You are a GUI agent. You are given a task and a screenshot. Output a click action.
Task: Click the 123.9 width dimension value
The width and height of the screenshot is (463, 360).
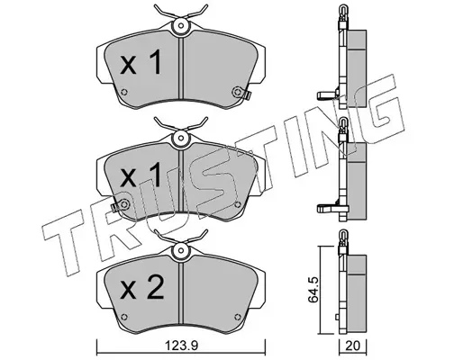pos(181,346)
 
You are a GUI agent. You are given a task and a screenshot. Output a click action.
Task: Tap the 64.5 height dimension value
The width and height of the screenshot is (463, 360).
pos(313,290)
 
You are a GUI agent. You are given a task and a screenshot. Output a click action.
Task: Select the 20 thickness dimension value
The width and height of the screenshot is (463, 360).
pos(353,346)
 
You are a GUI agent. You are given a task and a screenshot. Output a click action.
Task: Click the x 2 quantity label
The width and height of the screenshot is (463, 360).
pos(142,287)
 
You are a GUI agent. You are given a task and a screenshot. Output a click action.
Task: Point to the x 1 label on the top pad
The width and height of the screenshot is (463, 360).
pos(141,62)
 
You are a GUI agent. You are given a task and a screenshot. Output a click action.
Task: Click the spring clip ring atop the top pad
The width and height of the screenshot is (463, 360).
pos(180,26)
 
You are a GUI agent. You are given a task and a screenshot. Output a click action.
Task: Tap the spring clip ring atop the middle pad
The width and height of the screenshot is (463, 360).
pos(180,139)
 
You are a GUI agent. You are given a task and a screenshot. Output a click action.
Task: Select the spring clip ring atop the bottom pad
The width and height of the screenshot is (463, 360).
pos(180,250)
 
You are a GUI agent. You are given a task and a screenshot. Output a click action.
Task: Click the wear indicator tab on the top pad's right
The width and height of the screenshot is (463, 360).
pos(247,95)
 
